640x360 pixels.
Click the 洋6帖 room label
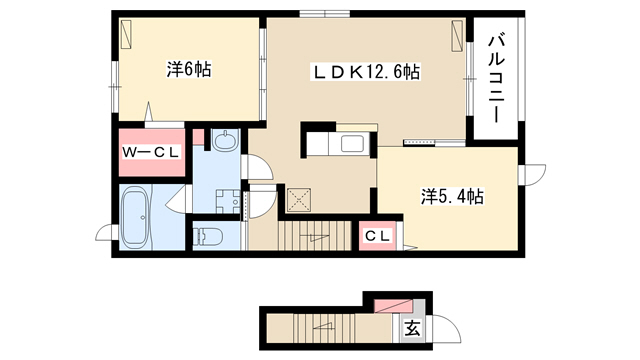(x=189, y=69)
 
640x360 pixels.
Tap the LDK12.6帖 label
(x=366, y=72)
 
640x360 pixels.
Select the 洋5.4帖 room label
(x=452, y=197)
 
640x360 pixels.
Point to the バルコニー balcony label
(x=497, y=79)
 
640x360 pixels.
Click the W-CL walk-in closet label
(x=151, y=153)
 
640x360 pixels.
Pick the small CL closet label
(x=378, y=236)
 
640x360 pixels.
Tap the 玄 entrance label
(x=412, y=328)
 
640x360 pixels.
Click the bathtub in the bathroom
(x=135, y=217)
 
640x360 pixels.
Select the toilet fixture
(x=207, y=236)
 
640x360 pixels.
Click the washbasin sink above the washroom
(x=224, y=140)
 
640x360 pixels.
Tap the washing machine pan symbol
(x=228, y=201)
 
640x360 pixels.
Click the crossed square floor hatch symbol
(x=299, y=200)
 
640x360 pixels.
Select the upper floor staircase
(x=316, y=236)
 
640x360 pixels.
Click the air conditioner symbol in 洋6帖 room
(x=127, y=34)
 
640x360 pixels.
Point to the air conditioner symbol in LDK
(x=456, y=36)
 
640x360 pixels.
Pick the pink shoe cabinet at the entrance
(x=394, y=306)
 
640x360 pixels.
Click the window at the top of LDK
(x=325, y=14)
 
